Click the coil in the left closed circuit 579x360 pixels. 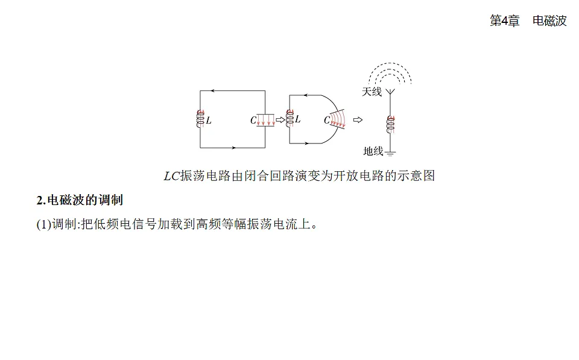pos(200,119)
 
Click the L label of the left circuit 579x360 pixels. pos(209,121)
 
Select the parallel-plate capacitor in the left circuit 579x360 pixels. pos(265,121)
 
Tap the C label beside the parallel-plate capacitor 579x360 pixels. pos(253,121)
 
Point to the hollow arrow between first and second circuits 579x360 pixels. pos(280,119)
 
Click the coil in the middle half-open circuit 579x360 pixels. pos(290,118)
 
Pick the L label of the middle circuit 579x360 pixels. pos(298,119)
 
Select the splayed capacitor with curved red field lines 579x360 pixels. pos(338,119)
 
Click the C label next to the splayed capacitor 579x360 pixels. pos(327,120)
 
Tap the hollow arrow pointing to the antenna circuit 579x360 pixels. pos(358,119)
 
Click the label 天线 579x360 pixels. pos(372,92)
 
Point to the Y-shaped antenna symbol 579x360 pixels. pos(390,92)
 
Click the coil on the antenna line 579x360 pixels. pos(391,124)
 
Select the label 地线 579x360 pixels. pos(373,151)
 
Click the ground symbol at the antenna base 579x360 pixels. pos(390,153)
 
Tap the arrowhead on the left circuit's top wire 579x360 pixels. pos(212,91)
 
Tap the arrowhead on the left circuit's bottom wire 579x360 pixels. pos(234,148)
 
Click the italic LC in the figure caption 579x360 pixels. pos(172,176)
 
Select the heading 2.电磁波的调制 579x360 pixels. pos(80,200)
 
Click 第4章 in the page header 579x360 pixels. pos(504,21)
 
